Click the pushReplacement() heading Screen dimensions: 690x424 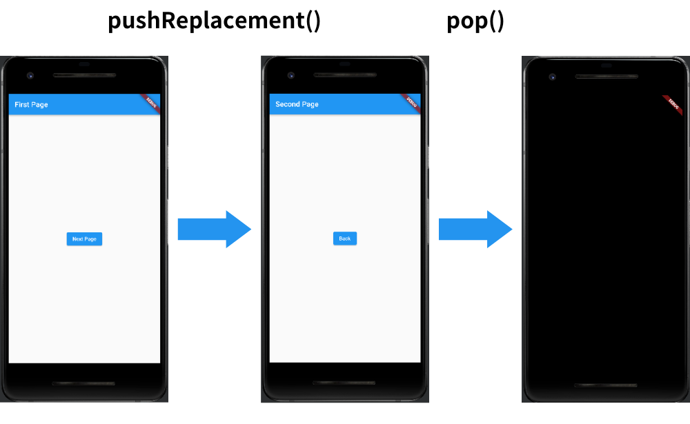214,21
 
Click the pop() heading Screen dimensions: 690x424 475,21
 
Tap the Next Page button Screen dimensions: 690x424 84,239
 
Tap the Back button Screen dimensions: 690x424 345,239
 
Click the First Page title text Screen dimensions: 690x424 31,105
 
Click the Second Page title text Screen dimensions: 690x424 297,105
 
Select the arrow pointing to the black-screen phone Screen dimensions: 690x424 475,229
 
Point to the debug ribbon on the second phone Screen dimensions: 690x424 411,103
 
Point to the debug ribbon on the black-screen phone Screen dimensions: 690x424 673,104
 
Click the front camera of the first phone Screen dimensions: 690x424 30,76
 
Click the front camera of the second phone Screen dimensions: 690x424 290,76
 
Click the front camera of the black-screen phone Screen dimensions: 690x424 552,77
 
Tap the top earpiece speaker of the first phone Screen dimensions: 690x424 84,75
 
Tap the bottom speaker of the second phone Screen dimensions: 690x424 345,383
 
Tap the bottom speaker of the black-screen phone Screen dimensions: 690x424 606,385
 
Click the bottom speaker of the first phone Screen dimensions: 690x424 84,383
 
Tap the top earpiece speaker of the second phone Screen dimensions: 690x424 345,75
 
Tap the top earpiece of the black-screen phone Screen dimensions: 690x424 606,76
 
